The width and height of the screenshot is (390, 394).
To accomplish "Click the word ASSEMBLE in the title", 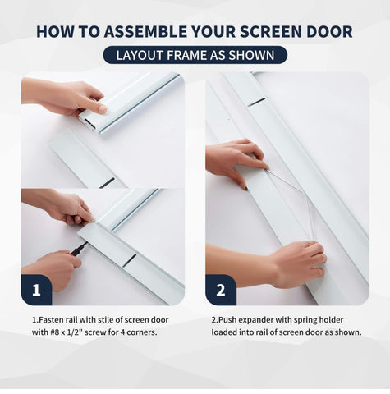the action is (x=146, y=31).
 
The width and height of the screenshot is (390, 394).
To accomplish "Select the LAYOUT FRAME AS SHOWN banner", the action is (x=195, y=55).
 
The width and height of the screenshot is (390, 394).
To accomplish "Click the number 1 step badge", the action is (x=36, y=290).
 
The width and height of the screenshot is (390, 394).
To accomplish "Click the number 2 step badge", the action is (x=221, y=290).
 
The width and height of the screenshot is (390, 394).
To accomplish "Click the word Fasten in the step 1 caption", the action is (x=52, y=319).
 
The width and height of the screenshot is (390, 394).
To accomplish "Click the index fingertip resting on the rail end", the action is (x=102, y=108).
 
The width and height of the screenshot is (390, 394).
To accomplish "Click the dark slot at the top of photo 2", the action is (x=257, y=102).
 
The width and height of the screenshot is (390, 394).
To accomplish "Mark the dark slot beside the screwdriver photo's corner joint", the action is (x=130, y=260).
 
